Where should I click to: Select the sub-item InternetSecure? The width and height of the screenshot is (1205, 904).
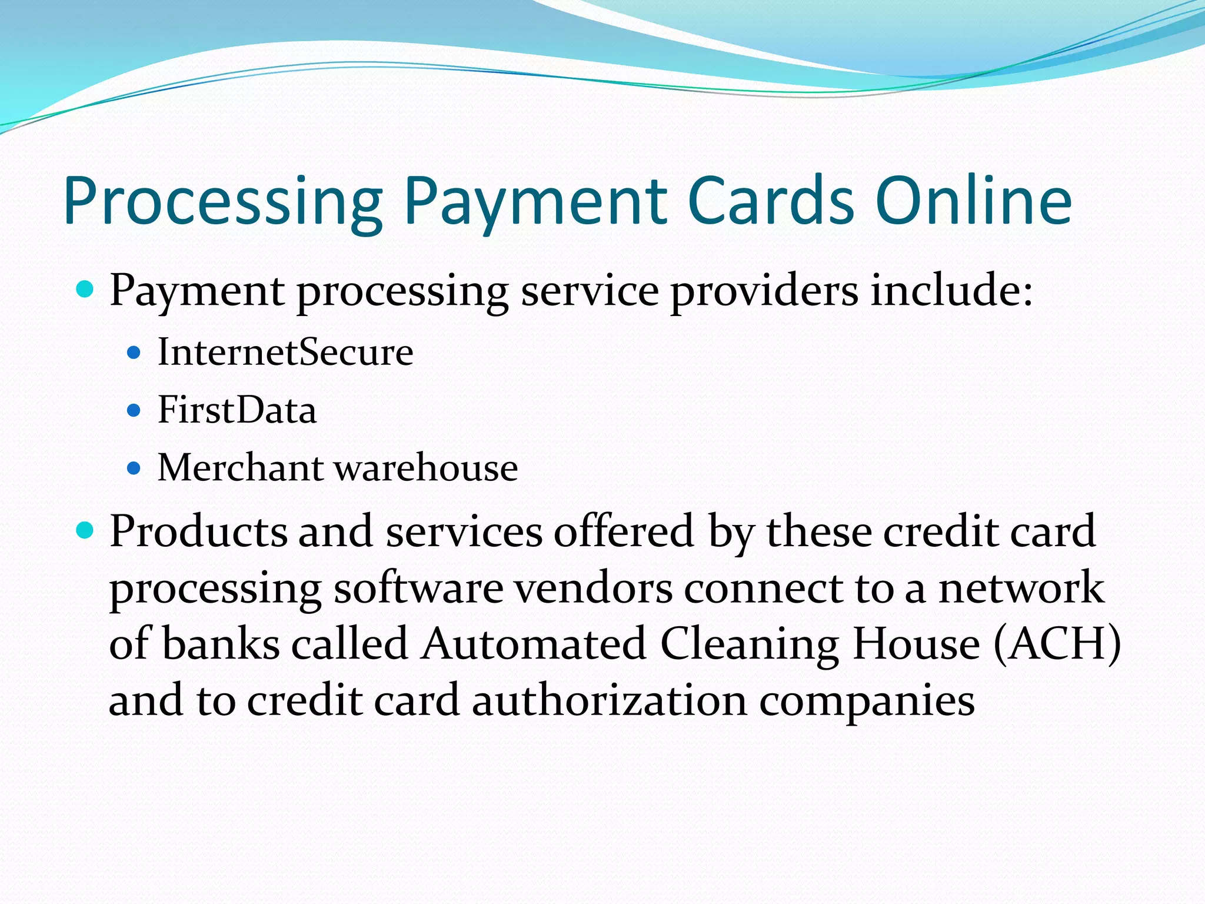(285, 352)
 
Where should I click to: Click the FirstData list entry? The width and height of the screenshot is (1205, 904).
(237, 410)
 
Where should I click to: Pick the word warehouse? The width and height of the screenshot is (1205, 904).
(426, 468)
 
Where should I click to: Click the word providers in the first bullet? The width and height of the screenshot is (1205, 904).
(764, 291)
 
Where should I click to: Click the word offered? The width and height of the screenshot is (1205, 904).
(624, 531)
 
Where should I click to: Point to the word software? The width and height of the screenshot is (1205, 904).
(418, 588)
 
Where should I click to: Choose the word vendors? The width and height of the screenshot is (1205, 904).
(594, 588)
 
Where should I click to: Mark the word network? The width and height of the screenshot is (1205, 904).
(1021, 588)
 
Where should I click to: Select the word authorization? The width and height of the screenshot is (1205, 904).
(610, 700)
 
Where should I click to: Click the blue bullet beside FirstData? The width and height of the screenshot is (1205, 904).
(134, 410)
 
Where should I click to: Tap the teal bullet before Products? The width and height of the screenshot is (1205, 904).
(85, 531)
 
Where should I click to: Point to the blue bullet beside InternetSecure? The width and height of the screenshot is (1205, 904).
(134, 353)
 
